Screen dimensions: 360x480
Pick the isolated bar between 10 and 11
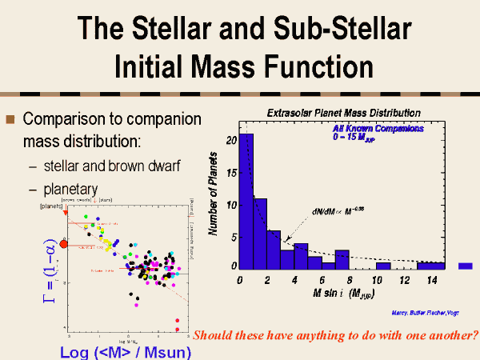383,266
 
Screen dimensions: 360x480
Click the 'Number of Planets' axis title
214,193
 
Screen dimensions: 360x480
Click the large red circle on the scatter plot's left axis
65,242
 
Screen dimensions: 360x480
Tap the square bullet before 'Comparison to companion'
10,120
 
